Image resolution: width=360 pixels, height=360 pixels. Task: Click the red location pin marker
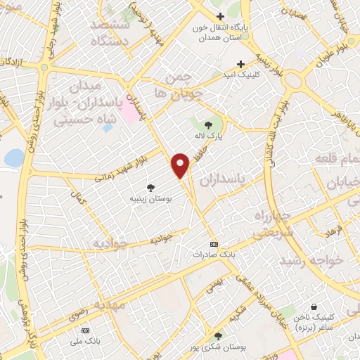[x=181, y=165]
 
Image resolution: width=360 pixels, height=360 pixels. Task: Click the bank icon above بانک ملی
[x=86, y=330]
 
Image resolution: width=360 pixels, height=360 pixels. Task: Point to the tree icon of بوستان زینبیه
[x=150, y=186]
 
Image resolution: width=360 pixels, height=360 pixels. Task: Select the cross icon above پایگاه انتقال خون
[x=221, y=16]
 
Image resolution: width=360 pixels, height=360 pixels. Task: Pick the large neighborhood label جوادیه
[x=111, y=245]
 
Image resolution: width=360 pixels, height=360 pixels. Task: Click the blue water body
[x=13, y=158]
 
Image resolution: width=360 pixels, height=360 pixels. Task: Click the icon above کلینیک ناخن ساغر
[x=313, y=307]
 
